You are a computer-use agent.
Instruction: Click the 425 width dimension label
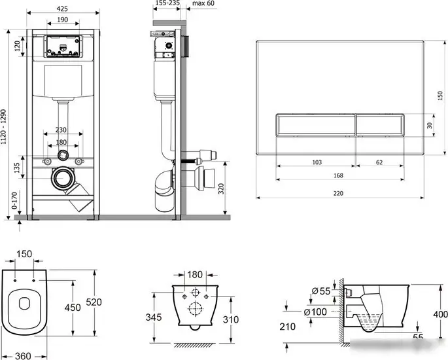(x=62, y=9)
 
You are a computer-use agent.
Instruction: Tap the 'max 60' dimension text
(x=203, y=3)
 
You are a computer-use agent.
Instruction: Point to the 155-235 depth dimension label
(x=167, y=3)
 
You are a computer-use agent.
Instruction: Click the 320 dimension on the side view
(x=221, y=189)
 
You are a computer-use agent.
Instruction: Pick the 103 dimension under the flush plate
(x=317, y=162)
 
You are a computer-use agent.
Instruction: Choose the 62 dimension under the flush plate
(x=379, y=162)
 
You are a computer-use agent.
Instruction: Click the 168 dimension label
(x=338, y=175)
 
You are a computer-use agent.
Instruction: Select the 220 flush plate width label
(x=338, y=193)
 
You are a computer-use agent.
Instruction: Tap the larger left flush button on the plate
(x=316, y=125)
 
